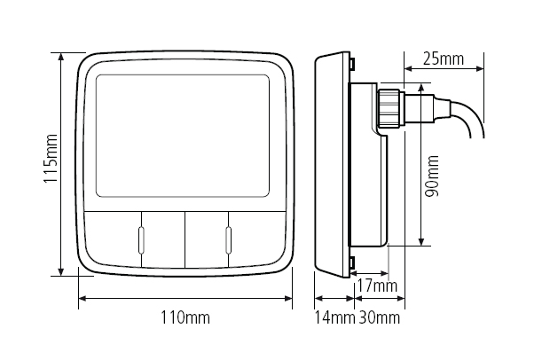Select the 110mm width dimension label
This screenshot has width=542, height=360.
[x=187, y=317]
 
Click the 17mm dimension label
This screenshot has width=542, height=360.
[x=376, y=286]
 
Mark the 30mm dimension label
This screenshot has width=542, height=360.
[x=379, y=317]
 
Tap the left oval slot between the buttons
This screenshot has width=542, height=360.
[x=140, y=239]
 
